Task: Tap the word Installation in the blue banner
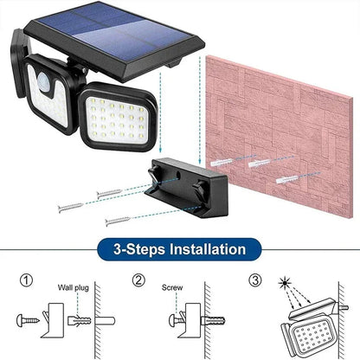(x=203, y=250)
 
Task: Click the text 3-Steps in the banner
(x=138, y=250)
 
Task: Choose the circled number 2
(x=138, y=281)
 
